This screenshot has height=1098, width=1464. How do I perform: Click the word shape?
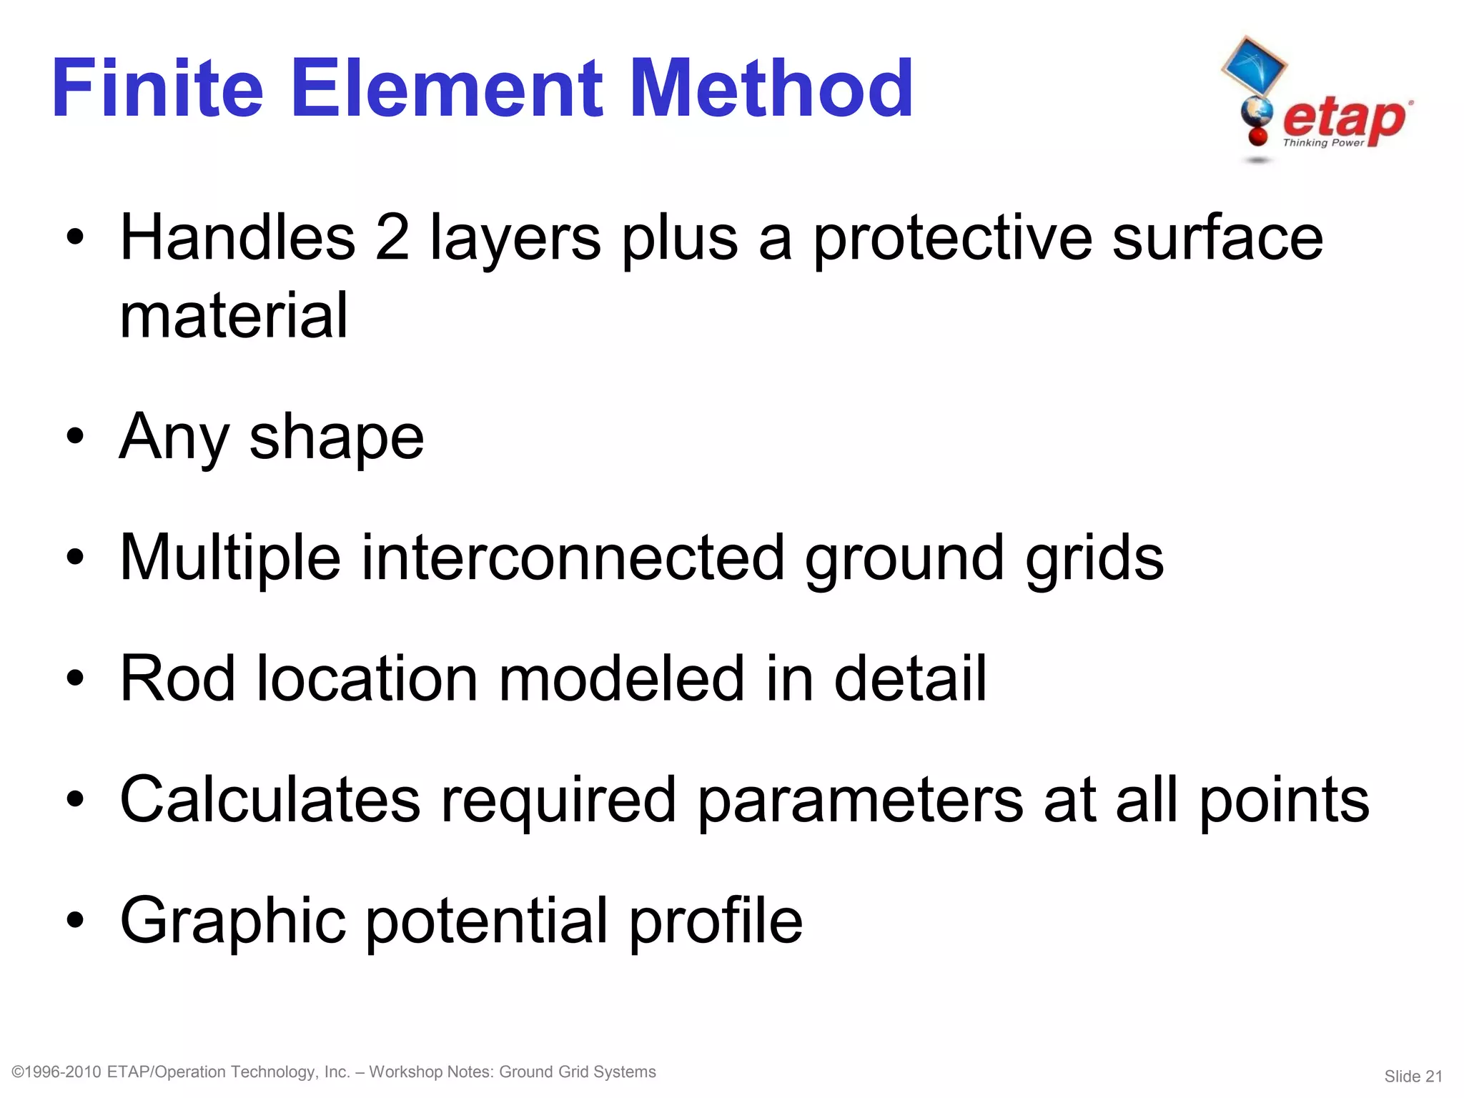pyautogui.click(x=336, y=438)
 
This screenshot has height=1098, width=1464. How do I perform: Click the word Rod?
pyautogui.click(x=177, y=678)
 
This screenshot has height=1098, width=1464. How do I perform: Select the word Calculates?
pyautogui.click(x=270, y=799)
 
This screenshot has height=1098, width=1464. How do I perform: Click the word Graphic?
pyautogui.click(x=233, y=921)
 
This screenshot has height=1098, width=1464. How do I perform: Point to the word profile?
pyautogui.click(x=716, y=921)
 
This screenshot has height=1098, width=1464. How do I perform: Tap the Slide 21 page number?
pyautogui.click(x=1413, y=1077)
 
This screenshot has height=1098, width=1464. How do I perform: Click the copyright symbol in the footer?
pyautogui.click(x=19, y=1072)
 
